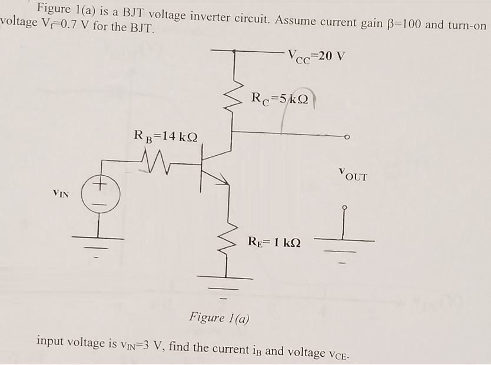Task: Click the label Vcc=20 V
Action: [x=316, y=57]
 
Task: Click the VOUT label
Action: [x=353, y=175]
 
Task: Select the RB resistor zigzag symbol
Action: [x=156, y=157]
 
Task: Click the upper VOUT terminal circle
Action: [x=348, y=136]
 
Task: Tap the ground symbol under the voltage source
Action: [x=98, y=244]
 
